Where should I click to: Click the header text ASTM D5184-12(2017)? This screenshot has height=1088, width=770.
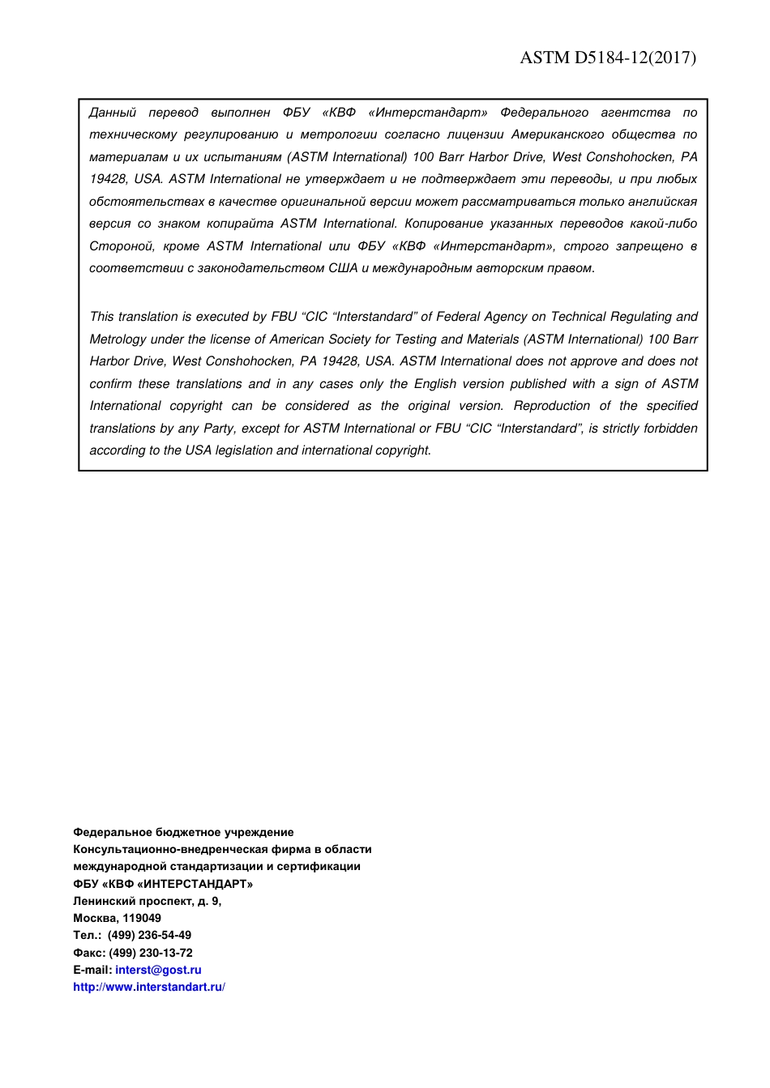point(607,58)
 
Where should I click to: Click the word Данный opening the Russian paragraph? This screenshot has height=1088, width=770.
point(113,113)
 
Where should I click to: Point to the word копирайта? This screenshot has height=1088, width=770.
point(241,224)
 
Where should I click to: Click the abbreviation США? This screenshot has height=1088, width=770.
point(343,268)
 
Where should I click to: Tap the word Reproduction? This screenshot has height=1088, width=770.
point(552,406)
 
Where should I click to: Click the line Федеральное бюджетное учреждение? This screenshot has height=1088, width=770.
point(183,832)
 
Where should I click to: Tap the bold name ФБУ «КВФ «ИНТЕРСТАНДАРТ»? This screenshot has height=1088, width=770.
point(163,884)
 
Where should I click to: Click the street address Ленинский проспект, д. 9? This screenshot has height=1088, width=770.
point(147,901)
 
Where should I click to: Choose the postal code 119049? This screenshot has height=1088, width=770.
point(142,918)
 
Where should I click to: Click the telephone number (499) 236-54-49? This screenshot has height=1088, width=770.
point(149,935)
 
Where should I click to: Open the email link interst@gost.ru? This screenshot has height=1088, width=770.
point(158,970)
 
